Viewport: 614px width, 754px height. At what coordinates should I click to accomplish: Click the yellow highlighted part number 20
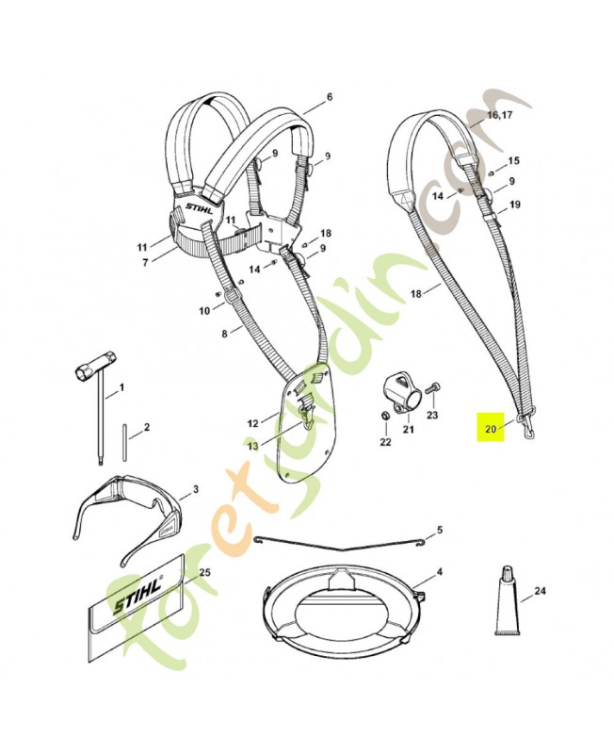coord(490,428)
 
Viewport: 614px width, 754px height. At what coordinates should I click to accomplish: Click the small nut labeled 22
coord(384,416)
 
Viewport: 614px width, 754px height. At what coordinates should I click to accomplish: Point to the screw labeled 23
coord(433,386)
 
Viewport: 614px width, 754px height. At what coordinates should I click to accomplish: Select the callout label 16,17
coord(500,115)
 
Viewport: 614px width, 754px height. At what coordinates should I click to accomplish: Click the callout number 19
coord(514,204)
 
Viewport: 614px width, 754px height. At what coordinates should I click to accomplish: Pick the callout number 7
coord(145,262)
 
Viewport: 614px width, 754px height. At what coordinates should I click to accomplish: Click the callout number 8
coord(224,333)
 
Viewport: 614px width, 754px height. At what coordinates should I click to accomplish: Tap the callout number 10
coord(203,310)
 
